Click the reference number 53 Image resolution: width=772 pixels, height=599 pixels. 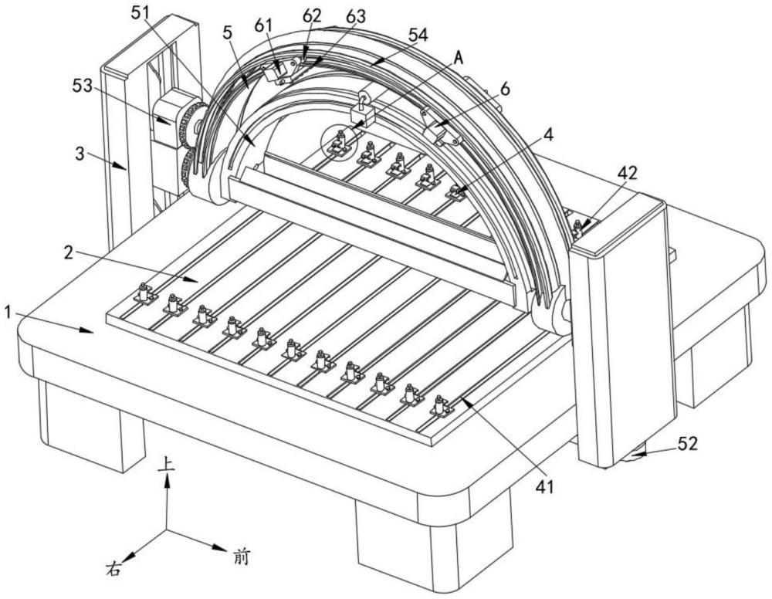click(x=83, y=86)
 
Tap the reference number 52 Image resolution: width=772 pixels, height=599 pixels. click(x=687, y=444)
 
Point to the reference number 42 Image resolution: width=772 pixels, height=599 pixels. click(x=627, y=173)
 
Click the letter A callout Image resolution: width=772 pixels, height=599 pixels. click(x=459, y=59)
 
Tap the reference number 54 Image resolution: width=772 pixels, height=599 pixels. click(x=418, y=35)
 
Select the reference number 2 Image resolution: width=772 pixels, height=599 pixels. click(x=69, y=253)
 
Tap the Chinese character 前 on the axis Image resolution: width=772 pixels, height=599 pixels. click(x=240, y=557)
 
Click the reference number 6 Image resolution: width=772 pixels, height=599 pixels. click(x=505, y=90)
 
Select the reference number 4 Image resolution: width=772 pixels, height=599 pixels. click(x=548, y=135)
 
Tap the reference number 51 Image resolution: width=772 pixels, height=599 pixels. click(x=142, y=14)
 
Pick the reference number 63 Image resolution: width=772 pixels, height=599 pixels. click(x=356, y=17)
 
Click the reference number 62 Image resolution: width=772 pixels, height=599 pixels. click(x=312, y=15)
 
